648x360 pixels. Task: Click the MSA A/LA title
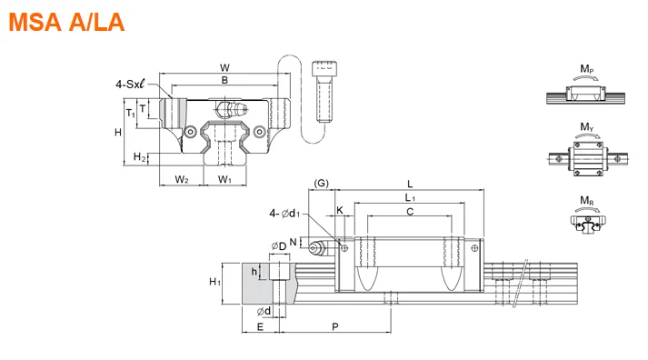(66, 23)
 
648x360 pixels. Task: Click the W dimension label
(224, 68)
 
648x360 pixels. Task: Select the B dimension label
(224, 80)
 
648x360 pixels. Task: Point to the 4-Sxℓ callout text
(130, 85)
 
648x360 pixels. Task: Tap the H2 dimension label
(140, 157)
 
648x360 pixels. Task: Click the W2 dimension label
(182, 179)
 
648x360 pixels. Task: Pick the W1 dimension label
(224, 179)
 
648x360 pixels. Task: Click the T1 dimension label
(131, 113)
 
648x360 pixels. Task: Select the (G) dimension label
(321, 183)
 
